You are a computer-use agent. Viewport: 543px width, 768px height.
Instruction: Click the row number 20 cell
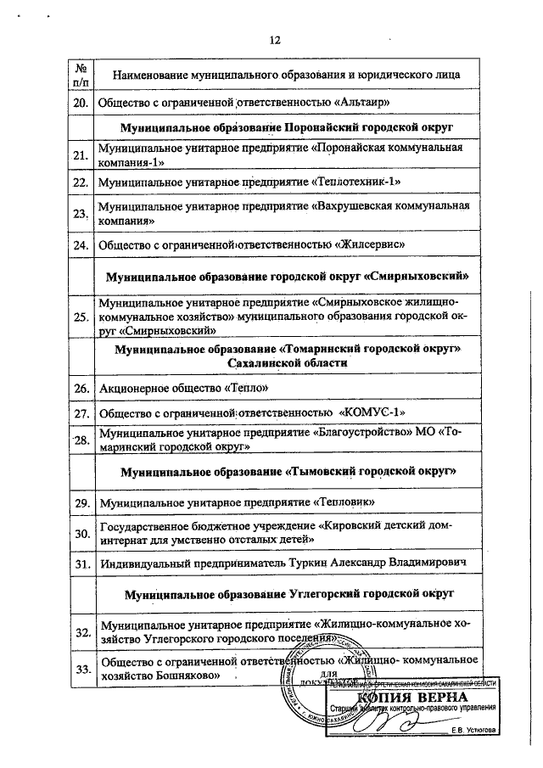[x=81, y=103]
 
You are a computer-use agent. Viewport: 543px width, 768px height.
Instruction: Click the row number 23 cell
[x=81, y=214]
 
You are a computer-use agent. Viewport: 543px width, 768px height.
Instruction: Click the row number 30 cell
[x=81, y=534]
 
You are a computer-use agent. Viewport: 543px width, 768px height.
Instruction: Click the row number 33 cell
[x=82, y=669]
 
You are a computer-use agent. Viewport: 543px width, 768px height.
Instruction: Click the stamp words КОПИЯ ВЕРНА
[x=413, y=698]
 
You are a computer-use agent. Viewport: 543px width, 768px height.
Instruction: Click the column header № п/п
[x=81, y=75]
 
